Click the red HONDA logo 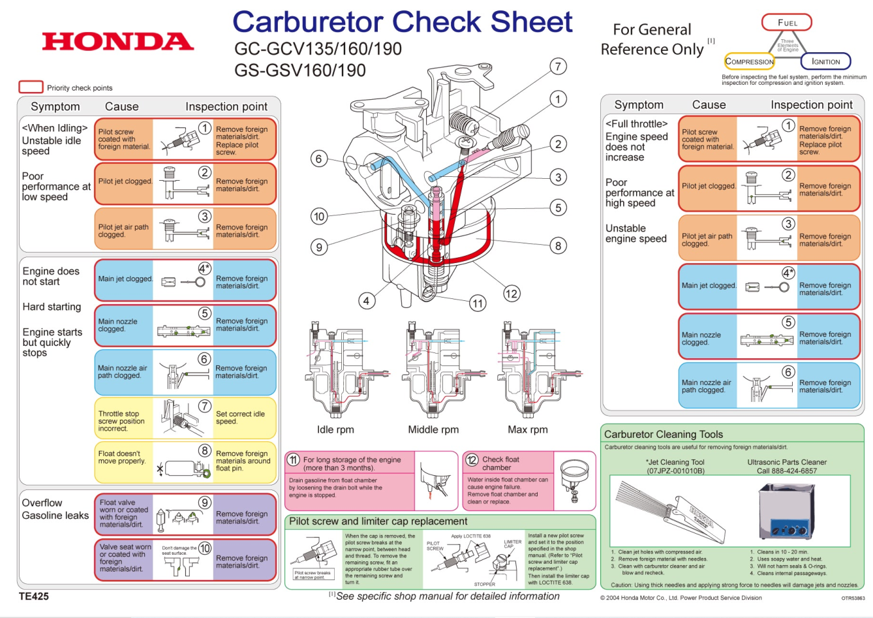(x=118, y=41)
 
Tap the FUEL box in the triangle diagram (x=787, y=23)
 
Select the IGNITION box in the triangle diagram (x=825, y=61)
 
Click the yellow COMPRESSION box (x=749, y=61)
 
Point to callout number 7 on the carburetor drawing (x=557, y=67)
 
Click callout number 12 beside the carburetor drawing (x=512, y=294)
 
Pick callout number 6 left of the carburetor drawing (x=319, y=159)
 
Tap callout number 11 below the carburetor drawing (x=478, y=303)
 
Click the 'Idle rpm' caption (x=335, y=429)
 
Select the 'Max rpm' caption (x=528, y=429)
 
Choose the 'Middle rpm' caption (x=433, y=429)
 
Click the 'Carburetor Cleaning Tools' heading (x=664, y=434)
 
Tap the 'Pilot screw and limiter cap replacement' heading (x=378, y=521)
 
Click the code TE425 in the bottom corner (x=34, y=596)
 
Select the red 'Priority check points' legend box (x=31, y=87)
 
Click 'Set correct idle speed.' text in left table (x=240, y=418)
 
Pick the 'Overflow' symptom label (x=42, y=502)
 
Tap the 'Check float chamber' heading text (x=500, y=463)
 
